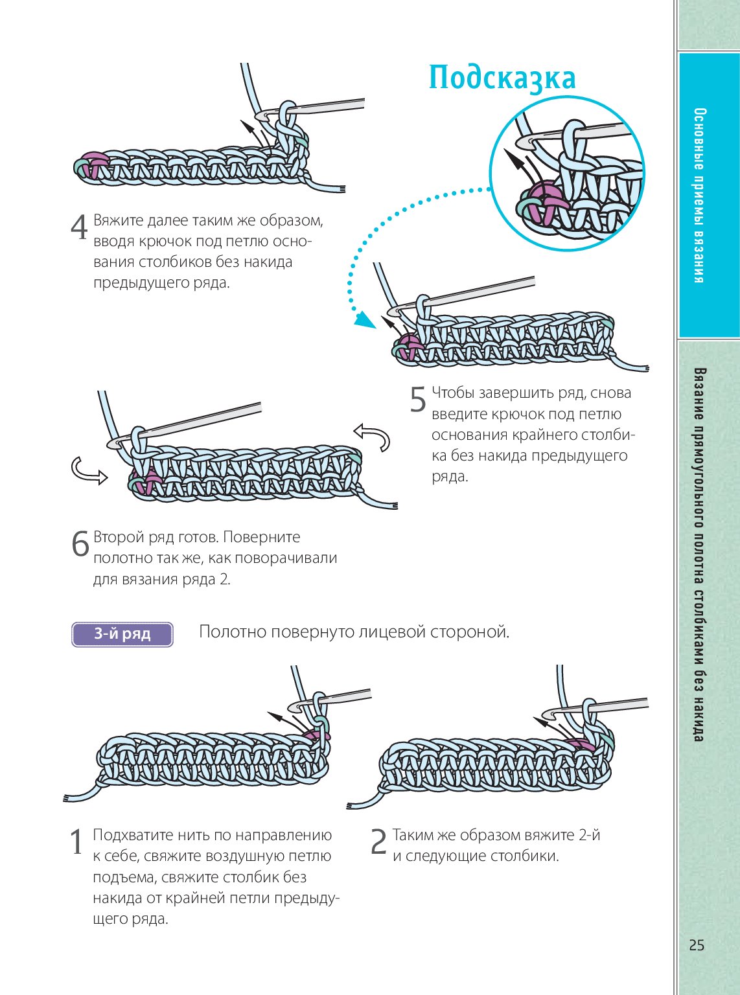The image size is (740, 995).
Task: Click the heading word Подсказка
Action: [502, 78]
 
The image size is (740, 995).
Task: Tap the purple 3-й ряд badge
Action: [122, 634]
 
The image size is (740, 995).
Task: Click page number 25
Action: [697, 945]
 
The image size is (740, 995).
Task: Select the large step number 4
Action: [79, 227]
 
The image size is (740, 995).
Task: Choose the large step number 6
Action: [80, 544]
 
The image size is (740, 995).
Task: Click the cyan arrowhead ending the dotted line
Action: [365, 319]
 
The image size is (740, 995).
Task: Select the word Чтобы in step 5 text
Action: [453, 393]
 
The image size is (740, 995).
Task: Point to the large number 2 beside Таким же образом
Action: [378, 842]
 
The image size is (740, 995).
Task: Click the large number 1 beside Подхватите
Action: [77, 842]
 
